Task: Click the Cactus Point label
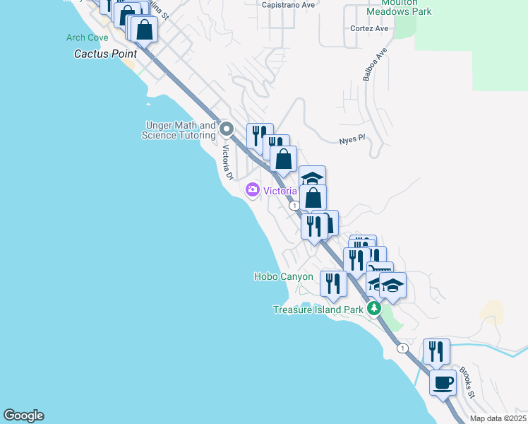pos(106,54)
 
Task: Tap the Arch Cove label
pos(87,37)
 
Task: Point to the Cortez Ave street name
pos(369,29)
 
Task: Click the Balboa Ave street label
pos(376,65)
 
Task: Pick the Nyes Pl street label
pos(350,139)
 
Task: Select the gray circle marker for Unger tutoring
pos(227,129)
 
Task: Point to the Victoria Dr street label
pos(227,163)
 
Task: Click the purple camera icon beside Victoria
pos(252,190)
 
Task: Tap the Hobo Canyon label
pos(283,276)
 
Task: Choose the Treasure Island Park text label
pos(318,310)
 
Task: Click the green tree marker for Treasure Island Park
pos(374,309)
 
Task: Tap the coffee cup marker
pos(443,383)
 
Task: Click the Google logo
pos(23,416)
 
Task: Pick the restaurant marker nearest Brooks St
pos(436,351)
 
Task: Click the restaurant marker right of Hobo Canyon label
pos(333,283)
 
